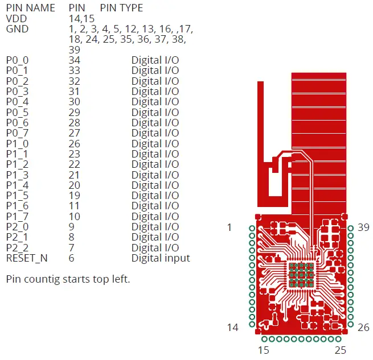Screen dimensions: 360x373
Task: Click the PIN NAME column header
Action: click(x=31, y=8)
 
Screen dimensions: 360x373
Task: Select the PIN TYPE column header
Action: click(x=121, y=8)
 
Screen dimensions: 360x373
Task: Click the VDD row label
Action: click(x=17, y=18)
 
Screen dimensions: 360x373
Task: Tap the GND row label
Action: click(x=17, y=29)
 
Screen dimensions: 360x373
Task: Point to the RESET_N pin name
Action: click(x=27, y=258)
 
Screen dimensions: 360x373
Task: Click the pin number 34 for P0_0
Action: click(x=74, y=60)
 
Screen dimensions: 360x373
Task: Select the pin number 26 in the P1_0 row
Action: click(x=74, y=143)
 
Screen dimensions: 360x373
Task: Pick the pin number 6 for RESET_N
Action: click(x=71, y=258)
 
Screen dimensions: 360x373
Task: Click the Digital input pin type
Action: click(x=161, y=258)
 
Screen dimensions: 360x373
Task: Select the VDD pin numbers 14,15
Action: click(x=81, y=18)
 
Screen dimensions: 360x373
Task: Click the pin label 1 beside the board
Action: click(x=229, y=227)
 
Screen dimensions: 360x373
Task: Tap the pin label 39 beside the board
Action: click(x=363, y=227)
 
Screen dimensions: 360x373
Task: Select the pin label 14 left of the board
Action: click(x=232, y=328)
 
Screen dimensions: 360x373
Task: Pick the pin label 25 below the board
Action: click(x=341, y=350)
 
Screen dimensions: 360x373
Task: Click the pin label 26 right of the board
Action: click(x=363, y=328)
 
